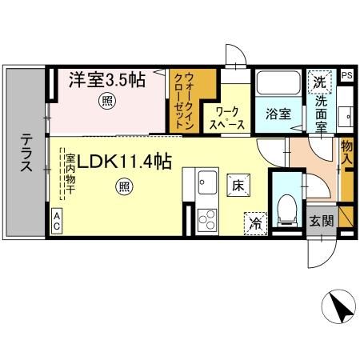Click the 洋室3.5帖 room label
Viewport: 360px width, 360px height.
click(x=106, y=80)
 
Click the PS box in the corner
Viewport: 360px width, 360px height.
click(x=346, y=75)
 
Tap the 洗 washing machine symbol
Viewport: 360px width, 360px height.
click(x=319, y=81)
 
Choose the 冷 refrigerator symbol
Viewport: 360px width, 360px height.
click(x=254, y=221)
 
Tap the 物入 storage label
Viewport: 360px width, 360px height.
click(x=346, y=153)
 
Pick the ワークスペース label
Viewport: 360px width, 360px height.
click(x=222, y=119)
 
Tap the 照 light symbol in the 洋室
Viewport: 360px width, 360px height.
click(x=106, y=101)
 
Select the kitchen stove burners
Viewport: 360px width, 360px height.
click(x=206, y=217)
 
